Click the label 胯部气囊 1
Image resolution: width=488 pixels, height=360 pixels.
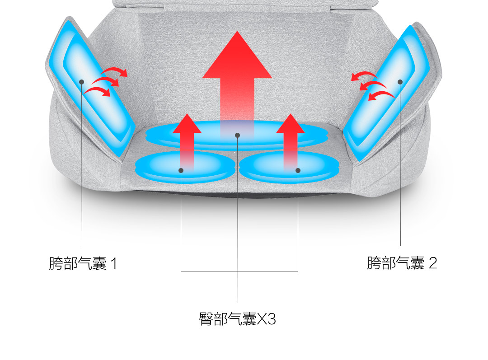pos(83,263)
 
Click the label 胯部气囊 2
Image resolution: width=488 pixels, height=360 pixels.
pos(402,262)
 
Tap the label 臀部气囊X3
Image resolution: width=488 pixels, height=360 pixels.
pos(237,319)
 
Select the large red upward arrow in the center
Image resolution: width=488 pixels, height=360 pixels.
pos(237,77)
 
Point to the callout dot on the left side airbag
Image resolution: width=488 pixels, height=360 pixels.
pos(82,82)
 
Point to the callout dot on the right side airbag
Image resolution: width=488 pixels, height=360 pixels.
pos(400,82)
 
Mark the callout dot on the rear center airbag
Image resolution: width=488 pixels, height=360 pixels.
pos(237,135)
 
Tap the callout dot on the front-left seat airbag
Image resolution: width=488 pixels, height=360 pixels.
pos(181,170)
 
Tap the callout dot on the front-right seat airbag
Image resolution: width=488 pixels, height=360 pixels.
pos(298,170)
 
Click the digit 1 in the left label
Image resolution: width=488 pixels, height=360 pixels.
pos(113,263)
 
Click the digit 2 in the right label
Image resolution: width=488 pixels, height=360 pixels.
pos(432,262)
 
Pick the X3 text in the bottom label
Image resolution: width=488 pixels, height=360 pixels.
pos(267,319)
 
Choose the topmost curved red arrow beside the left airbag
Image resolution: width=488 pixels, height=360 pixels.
pos(115,71)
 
